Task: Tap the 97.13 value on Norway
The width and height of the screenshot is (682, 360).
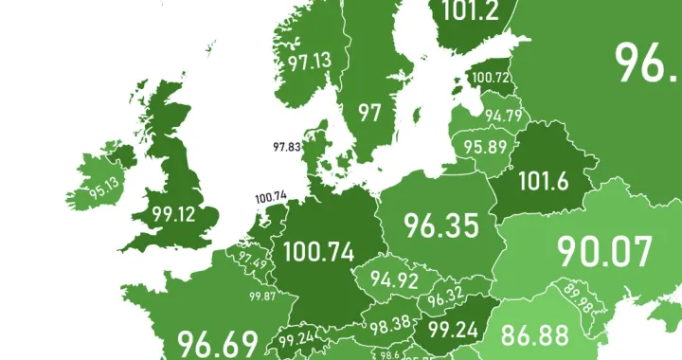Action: (310, 63)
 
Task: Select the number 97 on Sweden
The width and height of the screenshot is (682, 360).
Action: (369, 113)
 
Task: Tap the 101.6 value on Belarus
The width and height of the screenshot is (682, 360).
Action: (544, 179)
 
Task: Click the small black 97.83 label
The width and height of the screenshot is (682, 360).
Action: (286, 147)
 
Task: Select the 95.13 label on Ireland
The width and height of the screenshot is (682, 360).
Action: (105, 186)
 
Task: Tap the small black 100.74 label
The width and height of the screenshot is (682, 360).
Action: (271, 198)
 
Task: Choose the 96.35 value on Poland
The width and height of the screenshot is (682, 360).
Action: (443, 225)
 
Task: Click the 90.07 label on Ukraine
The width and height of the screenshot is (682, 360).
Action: (604, 252)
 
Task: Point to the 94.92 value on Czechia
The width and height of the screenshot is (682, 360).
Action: (395, 280)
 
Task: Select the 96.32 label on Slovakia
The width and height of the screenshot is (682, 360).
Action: (445, 297)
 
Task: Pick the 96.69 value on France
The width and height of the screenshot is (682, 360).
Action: (217, 342)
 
